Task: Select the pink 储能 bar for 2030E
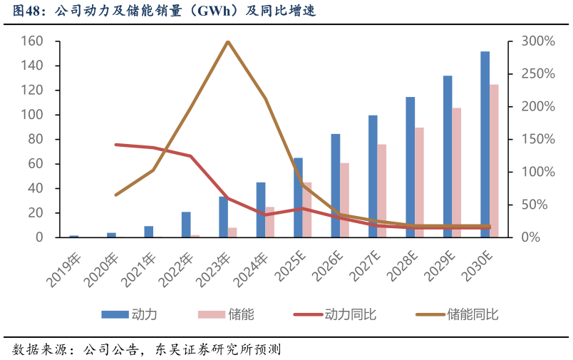[494, 160]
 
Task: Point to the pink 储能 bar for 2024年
[270, 222]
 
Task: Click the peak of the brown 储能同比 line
[227, 41]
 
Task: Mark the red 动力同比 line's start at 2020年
[116, 144]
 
